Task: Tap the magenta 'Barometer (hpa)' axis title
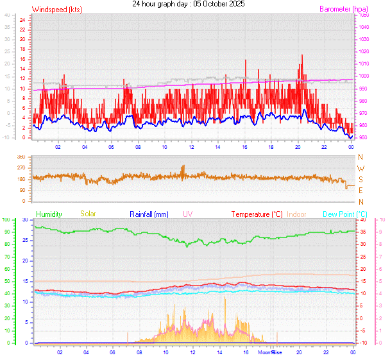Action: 343,10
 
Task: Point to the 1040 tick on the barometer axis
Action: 364,27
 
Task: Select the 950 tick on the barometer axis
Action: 364,138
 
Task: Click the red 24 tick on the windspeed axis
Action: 22,20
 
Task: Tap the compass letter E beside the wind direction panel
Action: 360,191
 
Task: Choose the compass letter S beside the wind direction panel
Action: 360,180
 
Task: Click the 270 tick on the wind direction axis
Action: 21,168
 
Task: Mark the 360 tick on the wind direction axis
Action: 21,157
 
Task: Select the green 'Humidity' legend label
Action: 49,214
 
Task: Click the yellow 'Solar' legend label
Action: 88,214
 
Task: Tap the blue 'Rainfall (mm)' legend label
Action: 149,214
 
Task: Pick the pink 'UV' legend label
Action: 187,214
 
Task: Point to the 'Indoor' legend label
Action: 296,214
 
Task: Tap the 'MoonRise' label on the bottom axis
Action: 270,352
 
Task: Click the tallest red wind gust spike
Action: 301,56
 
